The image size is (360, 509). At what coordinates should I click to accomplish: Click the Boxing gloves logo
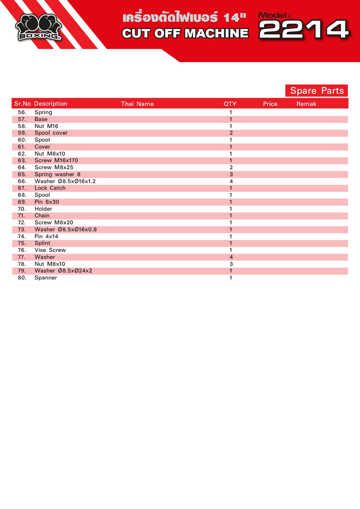[38, 27]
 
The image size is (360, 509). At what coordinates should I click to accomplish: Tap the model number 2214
[303, 29]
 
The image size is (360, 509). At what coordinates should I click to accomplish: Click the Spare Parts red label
[316, 91]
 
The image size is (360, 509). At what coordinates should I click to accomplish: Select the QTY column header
[230, 104]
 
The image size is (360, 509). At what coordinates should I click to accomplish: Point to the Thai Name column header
[137, 104]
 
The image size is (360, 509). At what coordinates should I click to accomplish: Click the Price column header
[270, 104]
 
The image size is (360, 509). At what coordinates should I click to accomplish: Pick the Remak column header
[306, 104]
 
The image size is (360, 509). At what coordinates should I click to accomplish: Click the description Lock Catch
[50, 188]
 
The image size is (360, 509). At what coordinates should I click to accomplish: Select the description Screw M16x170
[56, 160]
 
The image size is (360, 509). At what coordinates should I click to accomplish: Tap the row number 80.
[22, 278]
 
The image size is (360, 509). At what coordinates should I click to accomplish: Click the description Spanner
[46, 278]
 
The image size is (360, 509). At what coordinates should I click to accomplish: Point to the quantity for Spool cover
[231, 133]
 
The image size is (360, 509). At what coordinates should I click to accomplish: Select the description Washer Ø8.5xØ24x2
[63, 271]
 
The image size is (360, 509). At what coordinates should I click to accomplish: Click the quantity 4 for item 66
[231, 181]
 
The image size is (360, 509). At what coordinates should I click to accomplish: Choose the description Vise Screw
[50, 250]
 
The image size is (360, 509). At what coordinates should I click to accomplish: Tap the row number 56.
[22, 112]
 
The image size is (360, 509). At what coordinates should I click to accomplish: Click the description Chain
[42, 216]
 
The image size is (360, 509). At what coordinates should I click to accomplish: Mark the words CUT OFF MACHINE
[185, 33]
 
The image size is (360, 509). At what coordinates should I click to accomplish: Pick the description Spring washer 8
[57, 174]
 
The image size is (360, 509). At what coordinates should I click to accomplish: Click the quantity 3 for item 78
[231, 264]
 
